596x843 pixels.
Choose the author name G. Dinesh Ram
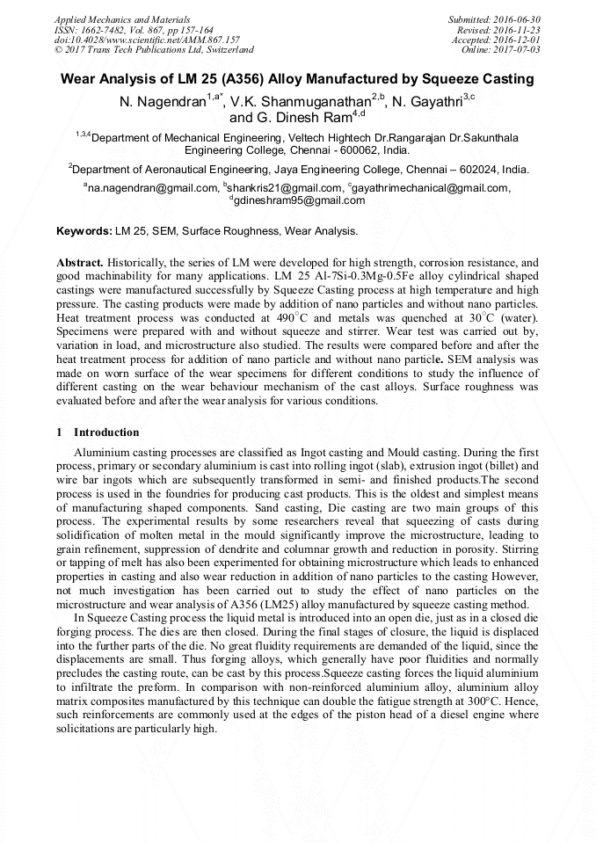289,117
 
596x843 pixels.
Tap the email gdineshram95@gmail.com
299,200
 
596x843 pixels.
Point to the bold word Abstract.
81,263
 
